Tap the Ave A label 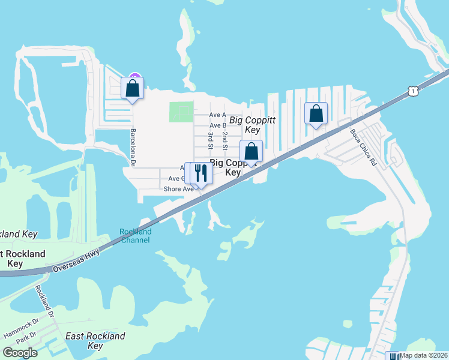coord(217,115)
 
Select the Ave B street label coord(217,125)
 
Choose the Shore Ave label coord(178,189)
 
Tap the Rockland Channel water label coord(136,236)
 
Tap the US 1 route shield coord(412,91)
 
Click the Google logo coord(20,353)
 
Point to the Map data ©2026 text coord(423,355)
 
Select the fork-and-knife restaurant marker coord(200,173)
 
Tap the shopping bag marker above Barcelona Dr coord(133,88)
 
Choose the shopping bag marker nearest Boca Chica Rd coord(316,113)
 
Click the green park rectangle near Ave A coord(181,112)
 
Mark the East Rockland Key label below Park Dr coord(95,341)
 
